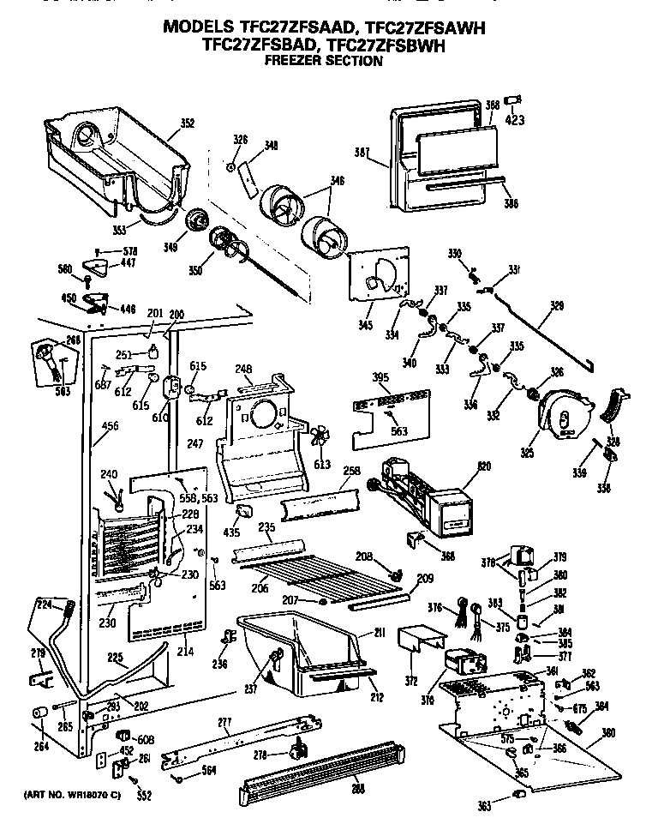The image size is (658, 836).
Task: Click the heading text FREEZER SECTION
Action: point(323,61)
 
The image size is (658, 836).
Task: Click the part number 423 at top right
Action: point(514,120)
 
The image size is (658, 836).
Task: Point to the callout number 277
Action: point(224,723)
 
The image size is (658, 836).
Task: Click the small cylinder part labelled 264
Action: point(39,713)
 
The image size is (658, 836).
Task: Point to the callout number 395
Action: point(380,378)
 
